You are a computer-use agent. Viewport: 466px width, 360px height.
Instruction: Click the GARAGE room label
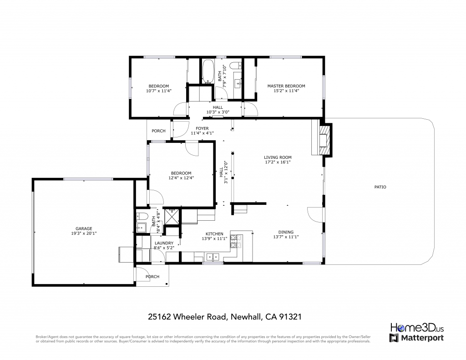pyautogui.click(x=84, y=228)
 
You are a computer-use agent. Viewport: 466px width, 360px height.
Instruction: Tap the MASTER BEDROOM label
pyautogui.click(x=286, y=86)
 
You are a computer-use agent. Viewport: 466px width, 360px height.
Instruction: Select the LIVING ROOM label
pyautogui.click(x=278, y=157)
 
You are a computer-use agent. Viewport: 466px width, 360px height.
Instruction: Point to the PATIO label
pyautogui.click(x=380, y=187)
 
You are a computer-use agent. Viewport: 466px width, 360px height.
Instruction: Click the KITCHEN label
pyautogui.click(x=215, y=234)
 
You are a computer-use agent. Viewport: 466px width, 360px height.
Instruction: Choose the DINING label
pyautogui.click(x=286, y=232)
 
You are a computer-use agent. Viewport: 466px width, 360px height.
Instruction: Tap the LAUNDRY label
pyautogui.click(x=164, y=243)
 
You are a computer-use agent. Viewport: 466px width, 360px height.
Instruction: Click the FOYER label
pyautogui.click(x=202, y=128)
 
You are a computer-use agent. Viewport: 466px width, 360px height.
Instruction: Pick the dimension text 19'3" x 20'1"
pyautogui.click(x=84, y=233)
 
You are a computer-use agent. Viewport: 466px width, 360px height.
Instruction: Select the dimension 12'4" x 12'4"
pyautogui.click(x=181, y=178)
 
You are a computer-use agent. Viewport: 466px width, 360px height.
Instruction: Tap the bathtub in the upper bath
pyautogui.click(x=208, y=71)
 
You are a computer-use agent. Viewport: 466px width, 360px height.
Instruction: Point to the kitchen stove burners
pyautogui.click(x=236, y=241)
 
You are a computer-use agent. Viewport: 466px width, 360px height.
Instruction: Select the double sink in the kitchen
pyautogui.click(x=213, y=257)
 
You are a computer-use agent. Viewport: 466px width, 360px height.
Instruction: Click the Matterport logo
pyautogui.click(x=417, y=338)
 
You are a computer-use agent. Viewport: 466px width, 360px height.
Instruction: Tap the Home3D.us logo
pyautogui.click(x=417, y=328)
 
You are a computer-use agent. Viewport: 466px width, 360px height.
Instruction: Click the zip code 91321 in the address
pyautogui.click(x=290, y=317)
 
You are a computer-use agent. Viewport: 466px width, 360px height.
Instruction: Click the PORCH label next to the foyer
pyautogui.click(x=158, y=131)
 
